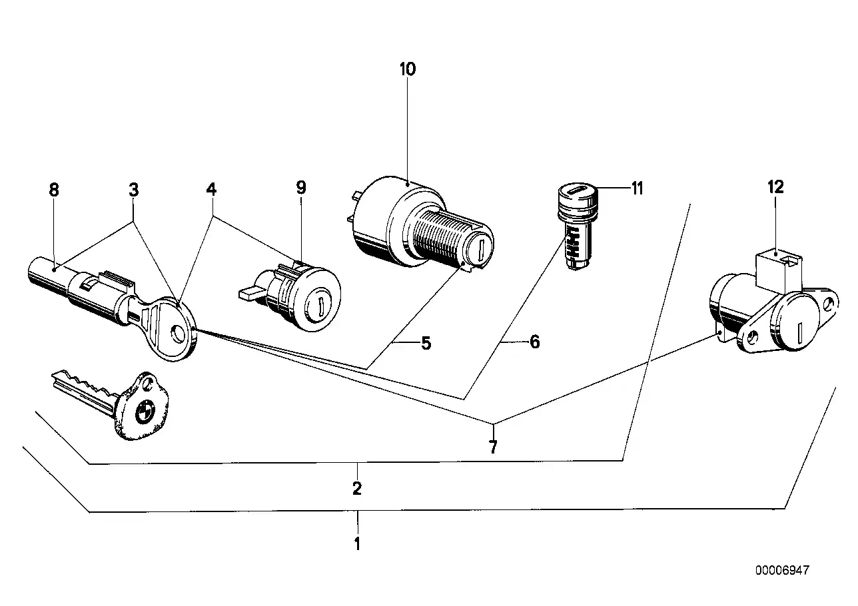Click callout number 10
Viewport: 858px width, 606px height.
click(x=407, y=69)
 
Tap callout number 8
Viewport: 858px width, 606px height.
click(x=54, y=190)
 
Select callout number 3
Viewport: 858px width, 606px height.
click(x=134, y=190)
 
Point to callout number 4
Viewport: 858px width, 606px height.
click(x=211, y=190)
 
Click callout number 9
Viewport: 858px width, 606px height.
click(x=301, y=188)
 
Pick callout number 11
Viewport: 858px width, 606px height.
click(x=638, y=188)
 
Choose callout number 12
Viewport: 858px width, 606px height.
click(x=776, y=187)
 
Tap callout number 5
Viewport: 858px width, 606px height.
click(x=426, y=344)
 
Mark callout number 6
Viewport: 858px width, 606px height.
click(x=534, y=342)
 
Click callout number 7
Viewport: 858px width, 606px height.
click(x=493, y=447)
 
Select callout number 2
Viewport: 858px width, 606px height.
click(x=357, y=489)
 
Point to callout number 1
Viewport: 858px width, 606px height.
click(x=357, y=543)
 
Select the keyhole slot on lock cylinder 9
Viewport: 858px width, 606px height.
click(x=320, y=308)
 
